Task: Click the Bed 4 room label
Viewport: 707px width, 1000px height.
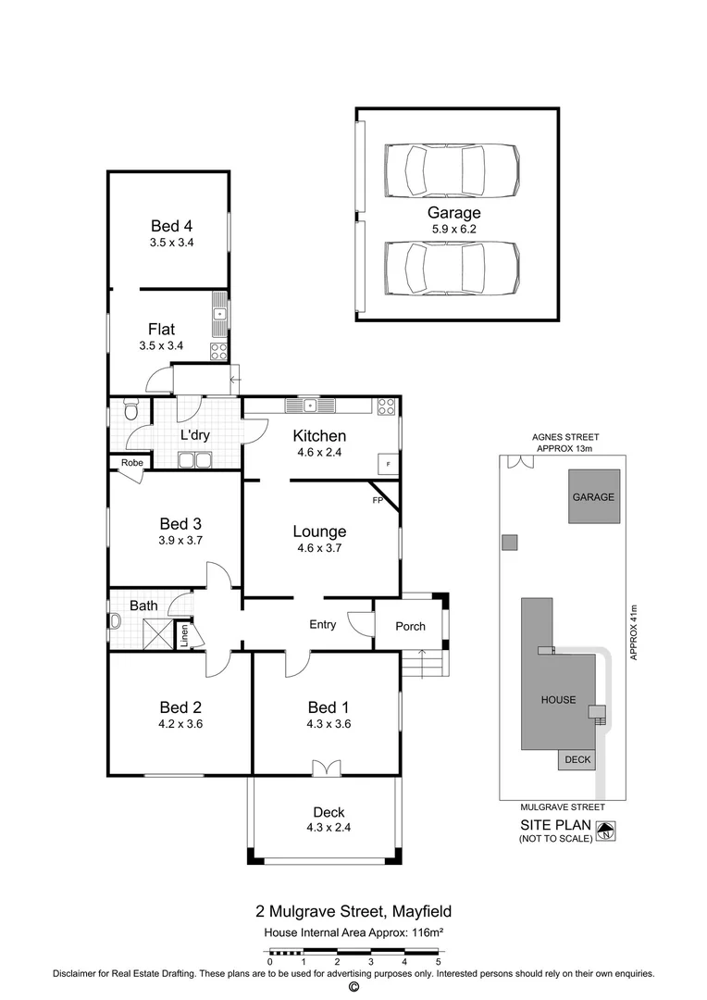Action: click(x=171, y=225)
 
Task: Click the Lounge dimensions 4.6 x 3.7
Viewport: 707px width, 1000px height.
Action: click(x=319, y=548)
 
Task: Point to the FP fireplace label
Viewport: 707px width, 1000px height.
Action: click(x=378, y=501)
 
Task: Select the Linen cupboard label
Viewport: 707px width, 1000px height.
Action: click(x=184, y=635)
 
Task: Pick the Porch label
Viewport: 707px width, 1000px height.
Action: click(x=410, y=626)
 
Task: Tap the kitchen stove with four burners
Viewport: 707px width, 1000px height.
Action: click(x=387, y=406)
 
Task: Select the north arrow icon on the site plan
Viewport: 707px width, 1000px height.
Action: click(x=605, y=831)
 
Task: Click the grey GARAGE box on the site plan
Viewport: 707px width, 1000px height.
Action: click(x=592, y=497)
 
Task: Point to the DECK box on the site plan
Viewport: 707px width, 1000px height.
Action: click(x=577, y=759)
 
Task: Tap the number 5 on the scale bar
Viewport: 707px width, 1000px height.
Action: click(x=438, y=963)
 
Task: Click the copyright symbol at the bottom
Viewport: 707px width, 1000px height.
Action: click(x=353, y=987)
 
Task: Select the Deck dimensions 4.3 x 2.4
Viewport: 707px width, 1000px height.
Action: click(x=328, y=828)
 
